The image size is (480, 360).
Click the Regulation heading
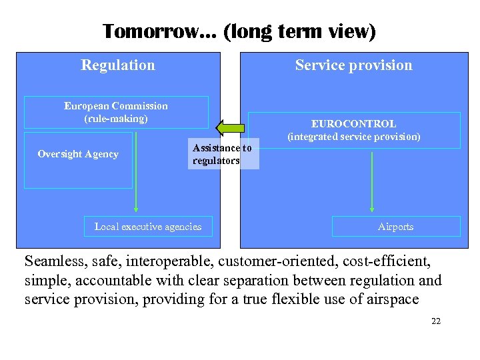click(x=118, y=65)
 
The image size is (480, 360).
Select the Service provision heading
click(x=353, y=65)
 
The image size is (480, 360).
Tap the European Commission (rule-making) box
click(x=116, y=112)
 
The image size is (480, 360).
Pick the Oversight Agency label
click(x=78, y=154)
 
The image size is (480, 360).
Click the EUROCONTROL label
click(x=353, y=123)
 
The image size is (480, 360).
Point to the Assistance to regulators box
click(x=222, y=155)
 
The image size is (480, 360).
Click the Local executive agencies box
click(x=148, y=227)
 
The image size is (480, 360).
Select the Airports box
click(x=395, y=227)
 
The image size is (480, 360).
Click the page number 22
click(x=436, y=321)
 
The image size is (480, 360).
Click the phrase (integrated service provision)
click(x=353, y=137)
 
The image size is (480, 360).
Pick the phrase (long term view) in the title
click(x=299, y=31)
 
